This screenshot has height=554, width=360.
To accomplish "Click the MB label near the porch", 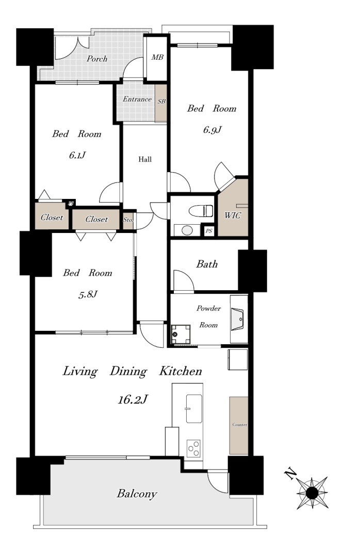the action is pos(157,57).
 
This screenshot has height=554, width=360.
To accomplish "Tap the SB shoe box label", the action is pos(161,102).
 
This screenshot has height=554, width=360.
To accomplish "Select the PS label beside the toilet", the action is pos(209,231).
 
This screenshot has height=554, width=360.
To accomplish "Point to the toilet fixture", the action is pos(201,211).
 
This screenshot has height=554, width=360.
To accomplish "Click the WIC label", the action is pos(233,215).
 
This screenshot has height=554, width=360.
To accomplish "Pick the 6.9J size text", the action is pos(212,130).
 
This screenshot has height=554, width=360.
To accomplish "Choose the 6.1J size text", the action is pos(77,155).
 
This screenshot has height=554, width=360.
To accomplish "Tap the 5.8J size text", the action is pos(88,294).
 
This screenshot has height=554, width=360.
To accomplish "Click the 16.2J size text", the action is pos(133,399).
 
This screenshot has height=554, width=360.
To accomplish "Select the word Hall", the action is pos(145,159).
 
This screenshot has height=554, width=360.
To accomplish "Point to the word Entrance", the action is pos(137,99).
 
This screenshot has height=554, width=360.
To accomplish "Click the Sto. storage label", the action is pos(128,220).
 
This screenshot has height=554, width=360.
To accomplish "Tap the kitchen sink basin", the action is pos(194,409).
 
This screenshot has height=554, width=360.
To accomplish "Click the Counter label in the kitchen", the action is pos(239,425).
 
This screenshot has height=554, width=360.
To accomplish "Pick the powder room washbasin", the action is pos(237,320).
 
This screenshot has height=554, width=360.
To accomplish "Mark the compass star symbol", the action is pos(312,493).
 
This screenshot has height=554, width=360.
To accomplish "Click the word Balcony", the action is pos(137,494).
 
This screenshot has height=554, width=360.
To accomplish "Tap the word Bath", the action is pos(207,264).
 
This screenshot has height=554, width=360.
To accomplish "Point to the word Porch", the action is pos(97,59).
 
